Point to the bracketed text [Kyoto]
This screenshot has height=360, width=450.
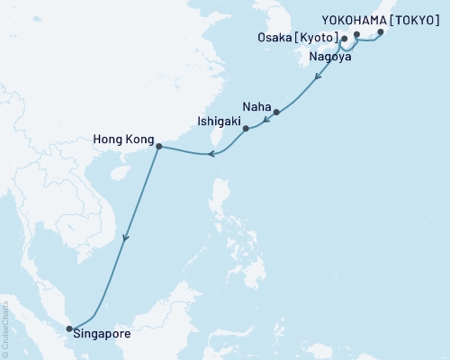(324, 38)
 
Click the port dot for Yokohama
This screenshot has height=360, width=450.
(379, 32)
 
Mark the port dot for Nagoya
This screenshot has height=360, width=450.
(357, 35)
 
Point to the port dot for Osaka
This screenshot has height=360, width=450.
(344, 39)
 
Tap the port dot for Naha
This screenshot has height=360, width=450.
(276, 112)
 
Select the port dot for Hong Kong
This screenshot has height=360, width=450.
(159, 147)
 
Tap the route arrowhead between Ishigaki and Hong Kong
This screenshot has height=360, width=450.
(210, 155)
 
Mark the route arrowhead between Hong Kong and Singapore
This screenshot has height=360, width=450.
(126, 238)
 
